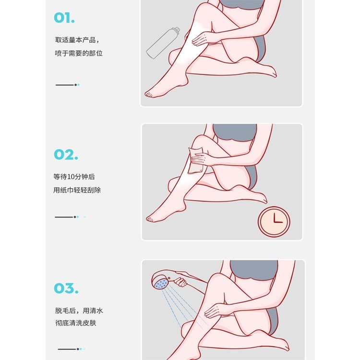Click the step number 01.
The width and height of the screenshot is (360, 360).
coord(64,18)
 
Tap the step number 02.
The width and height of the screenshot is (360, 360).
coord(66,154)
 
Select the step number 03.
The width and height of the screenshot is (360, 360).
coord(66,288)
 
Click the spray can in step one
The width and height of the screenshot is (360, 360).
coord(163,43)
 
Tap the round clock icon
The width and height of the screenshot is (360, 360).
coord(274,222)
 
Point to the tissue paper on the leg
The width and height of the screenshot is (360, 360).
coord(195,160)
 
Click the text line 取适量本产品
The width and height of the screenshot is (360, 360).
coord(77,40)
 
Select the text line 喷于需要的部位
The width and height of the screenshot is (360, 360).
coord(79,53)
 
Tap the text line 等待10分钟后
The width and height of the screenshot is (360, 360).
coord(74,177)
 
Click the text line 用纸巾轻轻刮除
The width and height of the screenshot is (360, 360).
coord(77,190)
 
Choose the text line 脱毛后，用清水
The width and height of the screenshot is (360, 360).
coord(79,311)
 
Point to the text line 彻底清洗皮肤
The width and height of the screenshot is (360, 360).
coord(75,323)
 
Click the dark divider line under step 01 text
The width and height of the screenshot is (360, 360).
coord(65,85)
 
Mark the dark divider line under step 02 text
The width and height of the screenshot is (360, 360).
coord(64,217)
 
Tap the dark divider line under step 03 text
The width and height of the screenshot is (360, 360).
coord(67,349)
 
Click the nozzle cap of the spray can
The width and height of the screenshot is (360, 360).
coord(177,30)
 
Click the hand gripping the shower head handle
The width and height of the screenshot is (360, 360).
coord(181,282)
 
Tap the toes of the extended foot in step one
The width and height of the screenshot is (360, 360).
coord(149,94)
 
